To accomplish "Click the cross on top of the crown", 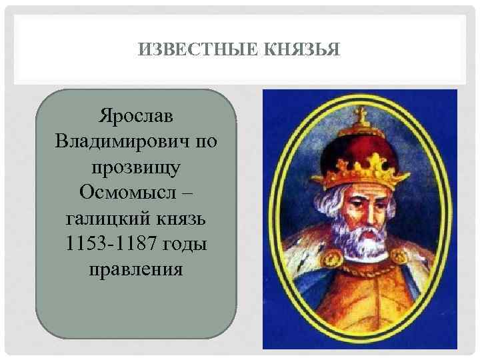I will pos(363,115).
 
